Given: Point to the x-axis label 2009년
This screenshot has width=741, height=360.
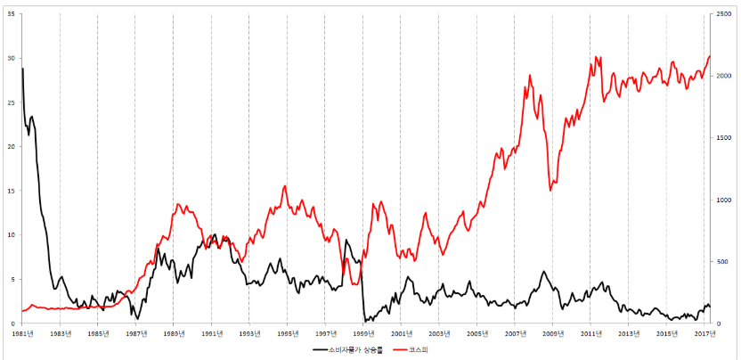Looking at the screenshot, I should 553,333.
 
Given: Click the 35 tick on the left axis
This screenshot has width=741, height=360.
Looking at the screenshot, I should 12,14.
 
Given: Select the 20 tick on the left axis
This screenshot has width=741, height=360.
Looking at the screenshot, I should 12,147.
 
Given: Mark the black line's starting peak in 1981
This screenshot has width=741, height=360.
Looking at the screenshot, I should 22,69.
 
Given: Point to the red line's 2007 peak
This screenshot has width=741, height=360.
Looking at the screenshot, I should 530,76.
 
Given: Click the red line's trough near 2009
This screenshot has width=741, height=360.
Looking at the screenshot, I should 550,190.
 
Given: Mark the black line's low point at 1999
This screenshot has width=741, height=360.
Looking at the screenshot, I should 364,321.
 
